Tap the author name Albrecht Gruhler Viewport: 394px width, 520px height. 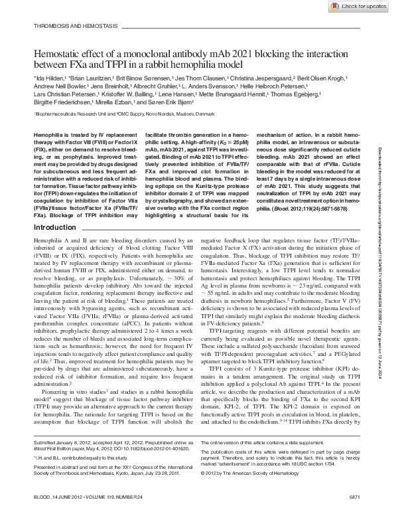(x=151, y=86)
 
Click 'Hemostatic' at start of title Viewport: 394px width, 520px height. (x=58, y=52)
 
